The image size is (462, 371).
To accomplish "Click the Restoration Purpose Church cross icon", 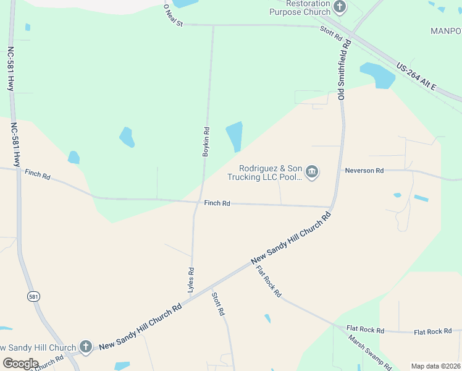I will pyautogui.click(x=340, y=7).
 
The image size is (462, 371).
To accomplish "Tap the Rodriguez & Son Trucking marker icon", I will pyautogui.click(x=312, y=172).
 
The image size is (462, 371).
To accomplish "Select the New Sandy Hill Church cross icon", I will pyautogui.click(x=86, y=347).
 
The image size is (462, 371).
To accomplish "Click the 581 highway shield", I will pyautogui.click(x=33, y=297).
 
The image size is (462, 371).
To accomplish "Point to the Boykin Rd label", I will pyautogui.click(x=207, y=142).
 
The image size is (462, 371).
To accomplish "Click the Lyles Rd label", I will pyautogui.click(x=191, y=279).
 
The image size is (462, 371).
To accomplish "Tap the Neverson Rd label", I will pyautogui.click(x=364, y=170).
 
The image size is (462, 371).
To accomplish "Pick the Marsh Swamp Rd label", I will pyautogui.click(x=369, y=353).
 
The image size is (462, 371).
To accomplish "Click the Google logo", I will pyautogui.click(x=20, y=363).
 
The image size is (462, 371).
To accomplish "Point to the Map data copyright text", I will pyautogui.click(x=435, y=366).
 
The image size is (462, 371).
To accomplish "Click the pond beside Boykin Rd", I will pyautogui.click(x=235, y=136).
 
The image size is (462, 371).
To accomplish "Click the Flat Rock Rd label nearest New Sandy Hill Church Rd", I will pyautogui.click(x=269, y=281).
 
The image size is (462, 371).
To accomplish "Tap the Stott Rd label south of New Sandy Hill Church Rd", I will pyautogui.click(x=218, y=304).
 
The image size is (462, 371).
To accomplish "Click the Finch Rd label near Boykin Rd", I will pyautogui.click(x=217, y=203).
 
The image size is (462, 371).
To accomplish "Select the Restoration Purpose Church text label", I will pyautogui.click(x=300, y=7).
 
